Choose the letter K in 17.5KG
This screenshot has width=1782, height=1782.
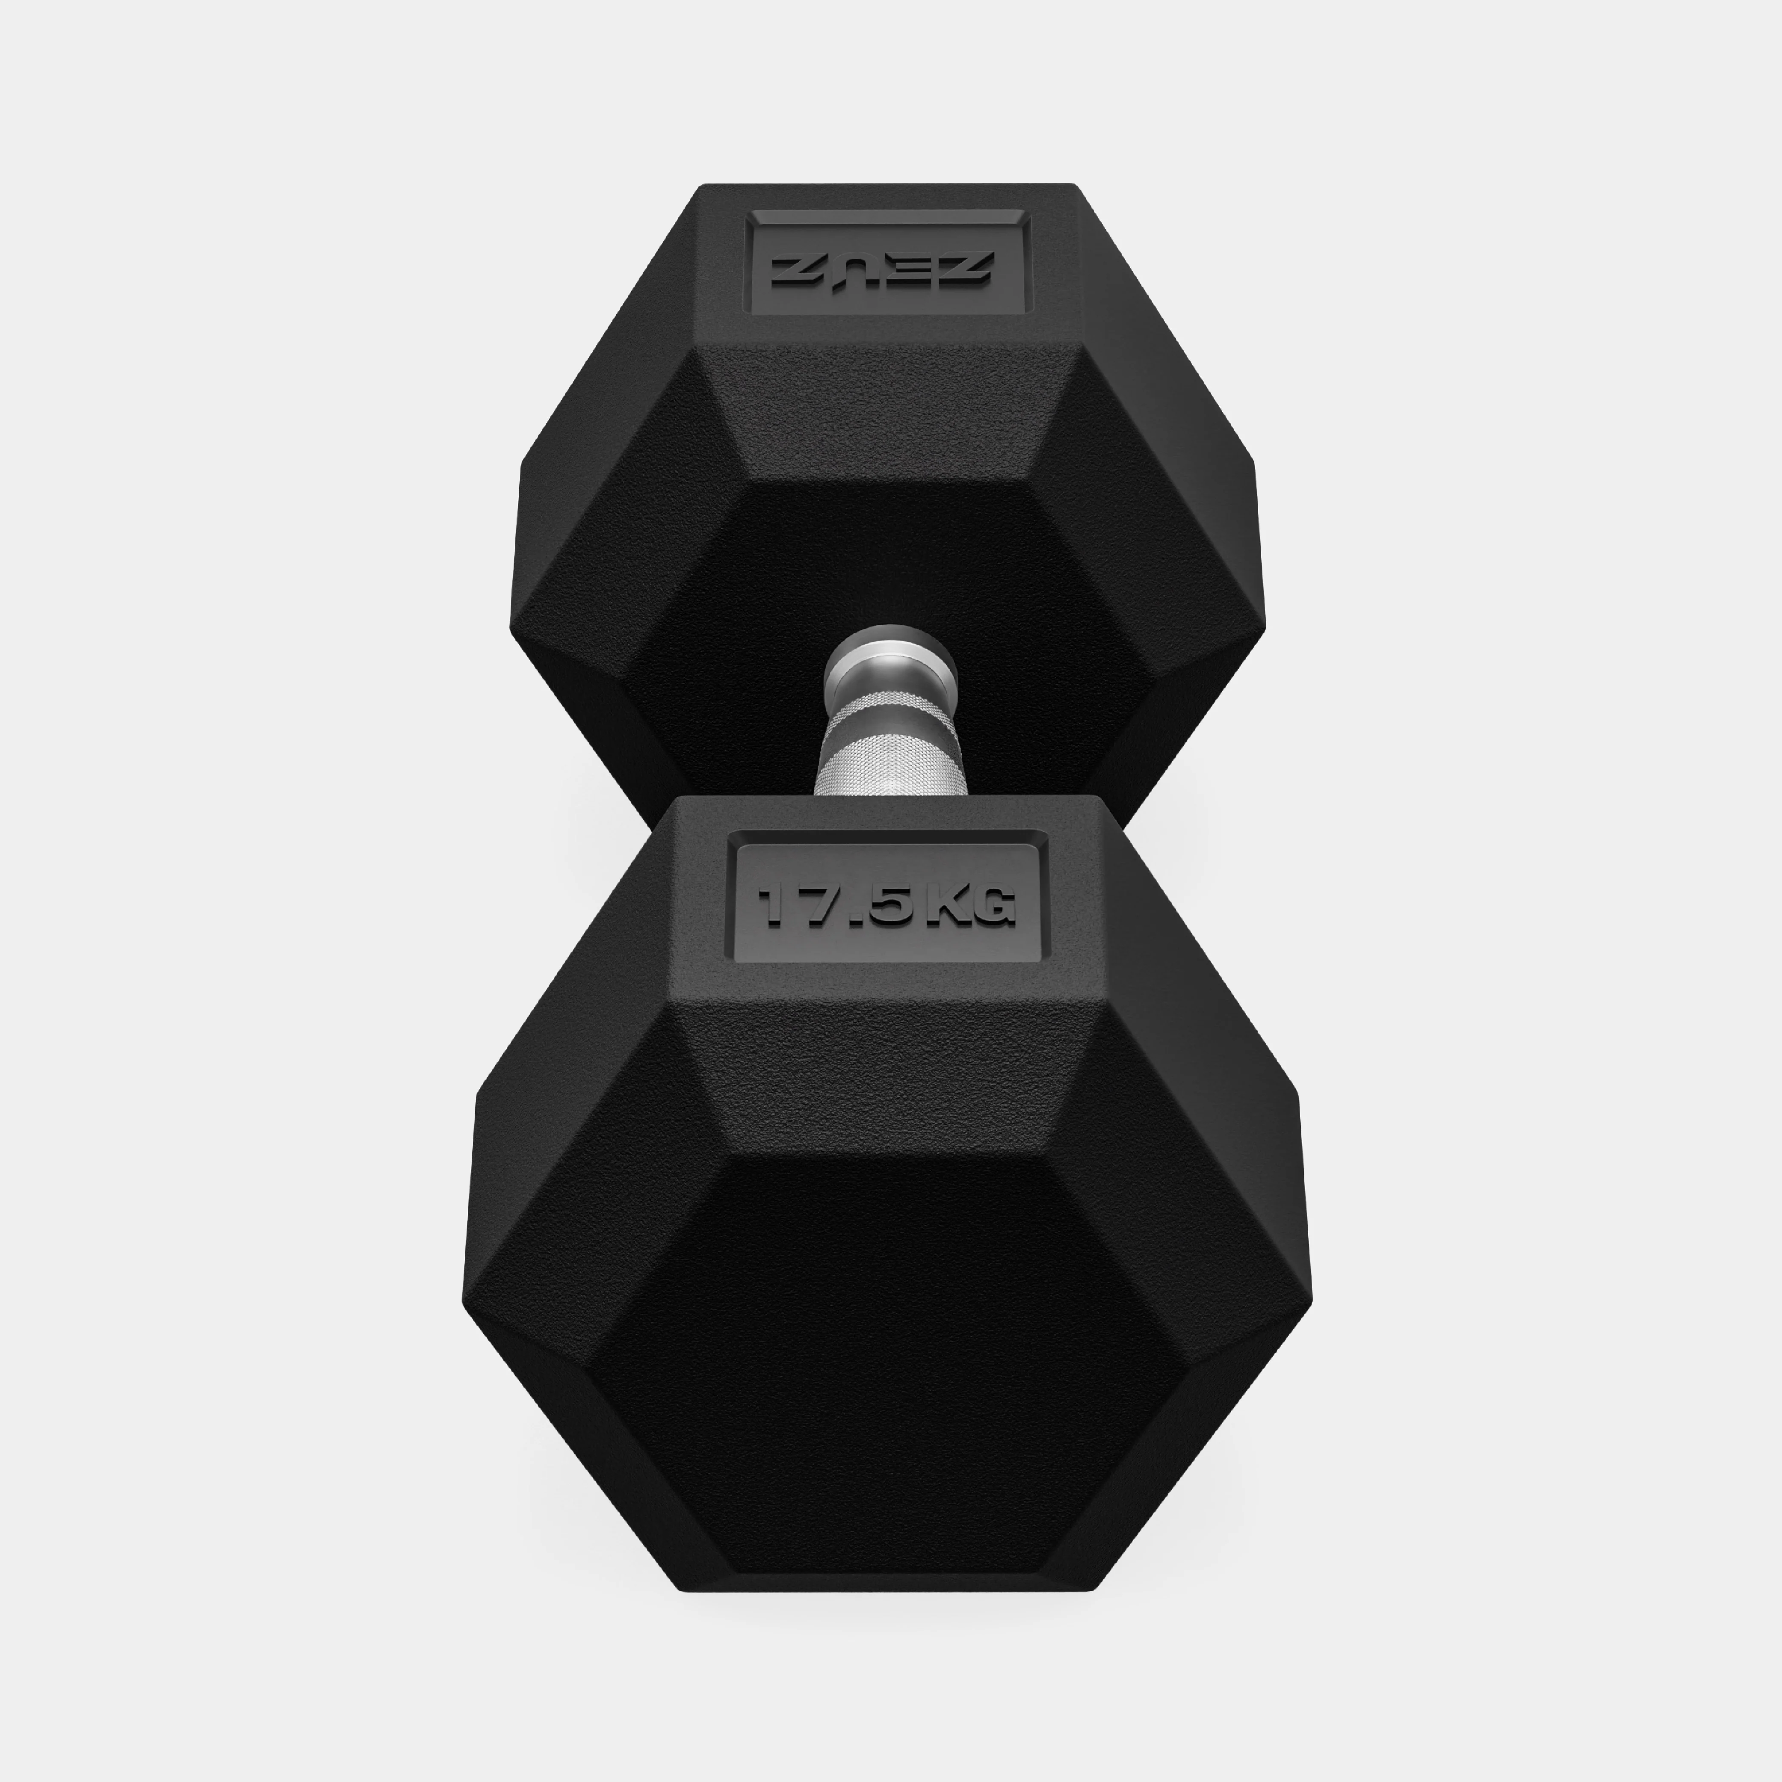[941, 906]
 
